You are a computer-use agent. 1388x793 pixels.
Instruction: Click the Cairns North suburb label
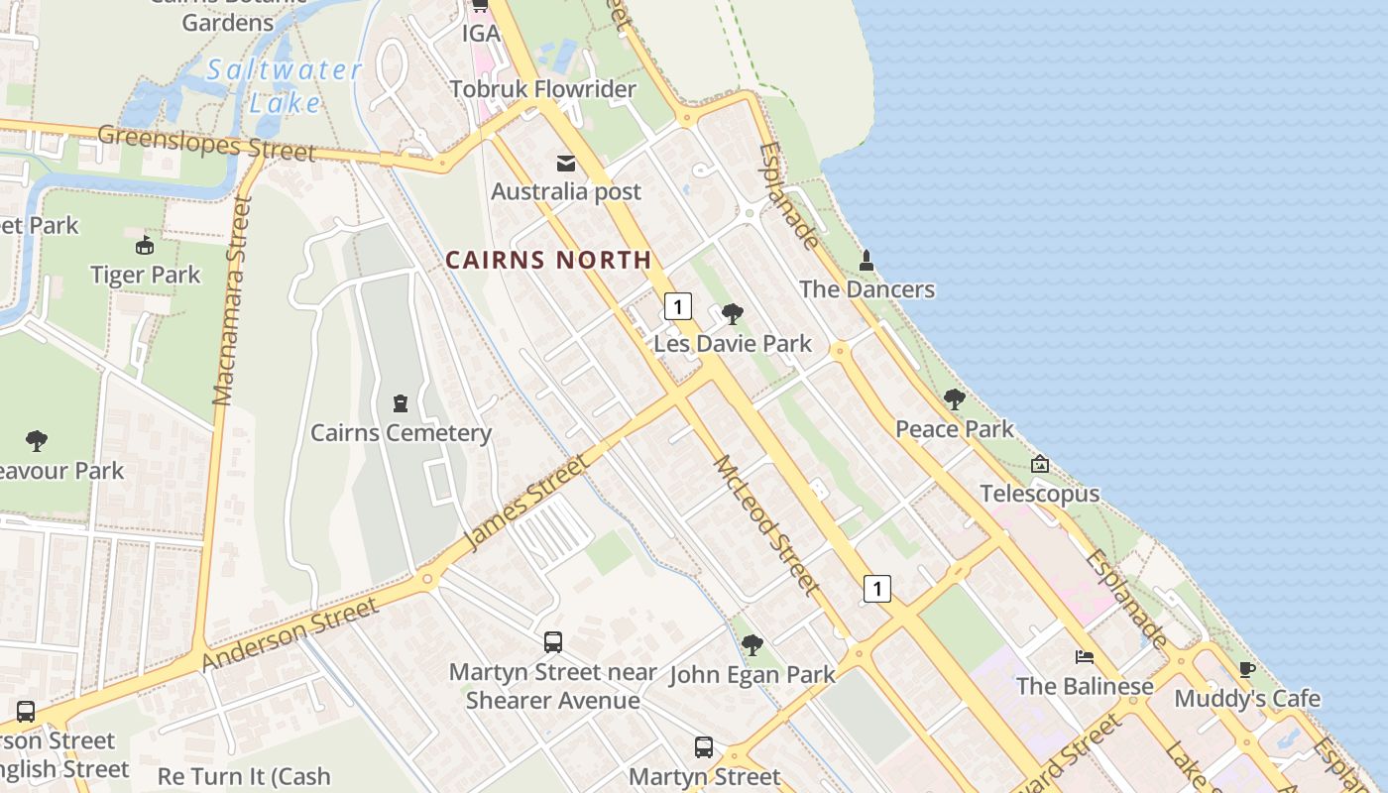(x=548, y=260)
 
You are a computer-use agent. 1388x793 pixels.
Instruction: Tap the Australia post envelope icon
(x=566, y=164)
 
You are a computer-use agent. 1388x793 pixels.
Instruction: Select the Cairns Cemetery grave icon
(x=401, y=403)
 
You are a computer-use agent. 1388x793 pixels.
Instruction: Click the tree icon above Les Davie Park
(x=733, y=315)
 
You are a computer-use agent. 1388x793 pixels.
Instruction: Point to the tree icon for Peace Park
(x=955, y=399)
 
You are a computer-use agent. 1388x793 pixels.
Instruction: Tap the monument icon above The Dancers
(x=867, y=261)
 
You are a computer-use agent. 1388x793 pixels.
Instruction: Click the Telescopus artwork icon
(x=1040, y=464)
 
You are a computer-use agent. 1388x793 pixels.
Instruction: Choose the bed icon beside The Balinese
(x=1086, y=657)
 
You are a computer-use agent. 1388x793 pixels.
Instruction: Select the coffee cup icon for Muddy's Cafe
(x=1247, y=670)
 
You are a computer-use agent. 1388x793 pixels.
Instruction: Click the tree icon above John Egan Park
(x=752, y=645)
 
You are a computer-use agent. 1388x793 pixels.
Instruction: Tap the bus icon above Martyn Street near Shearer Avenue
(x=553, y=642)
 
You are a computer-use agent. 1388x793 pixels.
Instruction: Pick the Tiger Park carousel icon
(x=146, y=245)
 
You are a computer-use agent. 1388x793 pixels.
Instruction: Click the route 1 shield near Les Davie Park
(x=678, y=306)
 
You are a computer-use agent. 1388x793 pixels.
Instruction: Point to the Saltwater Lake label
(x=285, y=85)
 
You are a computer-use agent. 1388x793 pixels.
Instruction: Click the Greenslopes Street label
(x=206, y=143)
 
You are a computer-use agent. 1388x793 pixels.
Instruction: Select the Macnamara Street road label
(x=234, y=301)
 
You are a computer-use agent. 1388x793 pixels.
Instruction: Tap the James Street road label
(x=526, y=503)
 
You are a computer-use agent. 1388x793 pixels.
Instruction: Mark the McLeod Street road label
(x=767, y=525)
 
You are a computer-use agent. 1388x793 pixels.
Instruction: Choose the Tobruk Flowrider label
(x=542, y=89)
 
